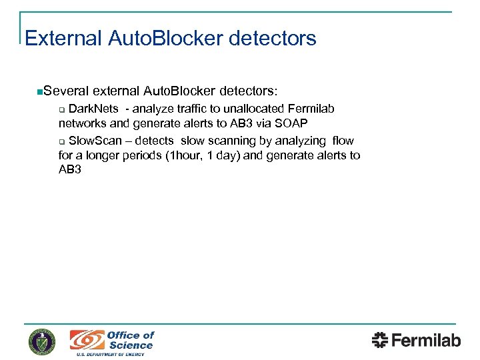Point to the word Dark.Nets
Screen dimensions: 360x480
click(x=94, y=109)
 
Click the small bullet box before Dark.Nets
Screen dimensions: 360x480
click(x=61, y=109)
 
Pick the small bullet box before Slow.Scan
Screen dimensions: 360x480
click(x=61, y=141)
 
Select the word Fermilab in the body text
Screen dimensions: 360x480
click(x=312, y=109)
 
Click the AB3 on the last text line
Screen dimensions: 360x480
click(x=70, y=170)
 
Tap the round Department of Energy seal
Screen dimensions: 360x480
click(x=42, y=341)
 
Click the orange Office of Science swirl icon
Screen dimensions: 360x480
click(x=87, y=340)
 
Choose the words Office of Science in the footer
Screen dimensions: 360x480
click(x=131, y=340)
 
